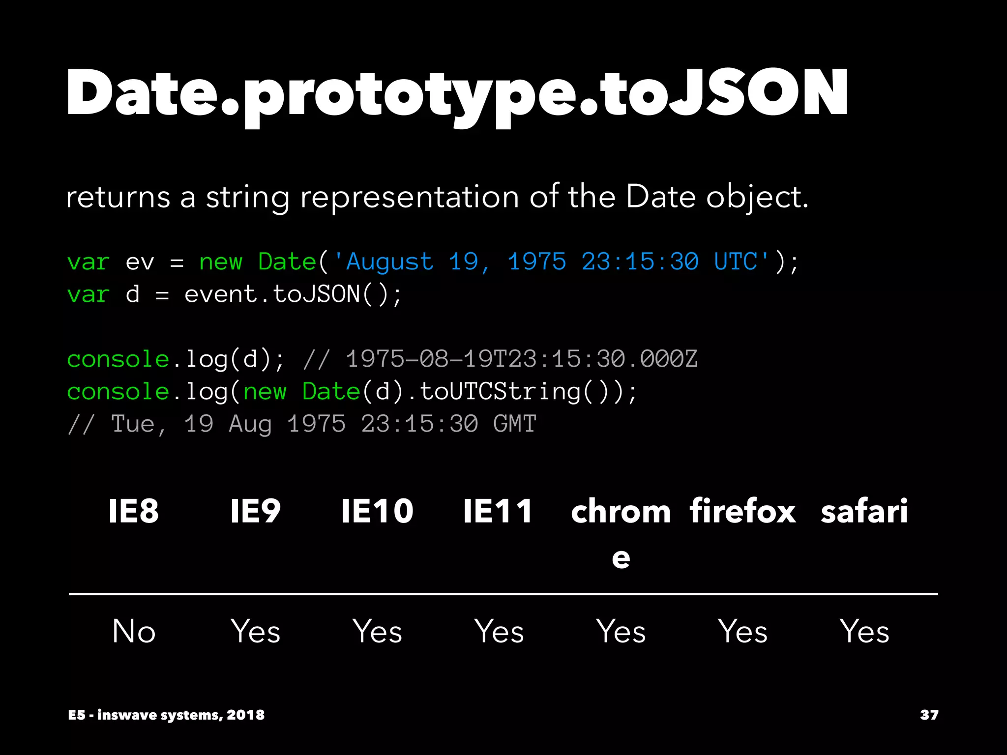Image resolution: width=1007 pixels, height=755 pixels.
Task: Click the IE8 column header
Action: [134, 511]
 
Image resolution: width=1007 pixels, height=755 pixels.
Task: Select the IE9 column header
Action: [256, 511]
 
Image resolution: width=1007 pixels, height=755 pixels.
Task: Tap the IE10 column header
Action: [377, 511]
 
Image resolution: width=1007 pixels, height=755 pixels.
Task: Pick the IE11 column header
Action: [499, 511]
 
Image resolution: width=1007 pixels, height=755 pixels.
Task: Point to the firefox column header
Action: [742, 511]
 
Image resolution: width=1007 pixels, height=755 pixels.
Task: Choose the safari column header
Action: [864, 511]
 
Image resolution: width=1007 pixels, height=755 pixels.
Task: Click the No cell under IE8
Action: [134, 632]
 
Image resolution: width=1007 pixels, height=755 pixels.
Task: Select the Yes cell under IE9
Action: [256, 632]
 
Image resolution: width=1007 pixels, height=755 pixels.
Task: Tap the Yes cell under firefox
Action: [742, 632]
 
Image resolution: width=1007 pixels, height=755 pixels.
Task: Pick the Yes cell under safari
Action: [864, 632]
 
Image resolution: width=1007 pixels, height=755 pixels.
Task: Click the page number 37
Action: [929, 715]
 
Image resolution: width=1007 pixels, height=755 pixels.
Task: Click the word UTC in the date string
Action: [736, 261]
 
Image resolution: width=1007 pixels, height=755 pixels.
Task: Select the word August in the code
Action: [390, 261]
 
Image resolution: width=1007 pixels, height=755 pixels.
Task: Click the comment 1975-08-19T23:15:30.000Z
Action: [521, 359]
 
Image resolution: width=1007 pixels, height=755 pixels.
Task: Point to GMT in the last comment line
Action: [514, 424]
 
